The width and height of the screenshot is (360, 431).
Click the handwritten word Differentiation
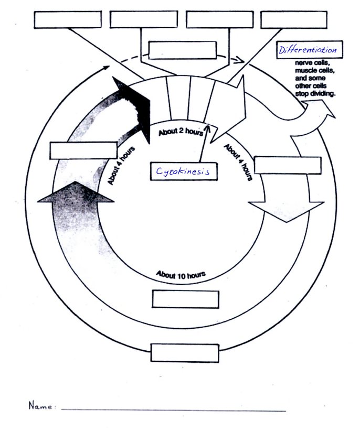coord(308,50)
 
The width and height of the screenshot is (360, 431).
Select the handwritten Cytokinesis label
coord(183,171)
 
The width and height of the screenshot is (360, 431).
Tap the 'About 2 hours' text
coord(181,132)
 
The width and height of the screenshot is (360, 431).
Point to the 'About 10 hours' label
coord(181,274)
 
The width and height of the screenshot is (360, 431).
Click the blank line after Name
coord(173,410)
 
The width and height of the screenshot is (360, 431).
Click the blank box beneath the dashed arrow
coord(182,51)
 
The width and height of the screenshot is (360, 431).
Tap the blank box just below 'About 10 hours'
coord(185,299)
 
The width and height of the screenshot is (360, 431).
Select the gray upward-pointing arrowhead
coord(77,193)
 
